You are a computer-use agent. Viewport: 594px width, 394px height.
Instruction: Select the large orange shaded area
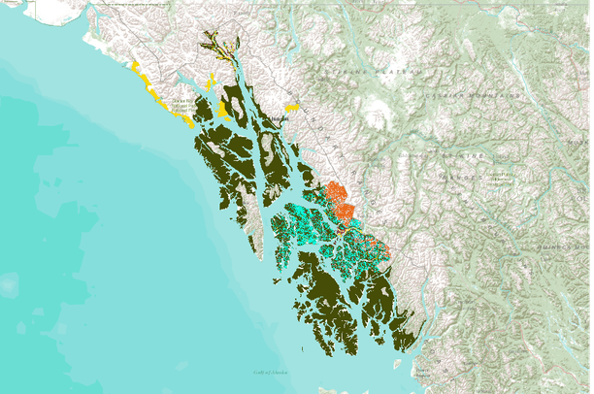click(x=339, y=200)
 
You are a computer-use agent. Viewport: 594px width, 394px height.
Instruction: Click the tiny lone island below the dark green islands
click(x=396, y=364)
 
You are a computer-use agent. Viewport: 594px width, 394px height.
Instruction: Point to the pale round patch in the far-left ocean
click(x=8, y=284)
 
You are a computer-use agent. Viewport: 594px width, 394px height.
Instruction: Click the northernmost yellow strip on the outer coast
click(x=137, y=67)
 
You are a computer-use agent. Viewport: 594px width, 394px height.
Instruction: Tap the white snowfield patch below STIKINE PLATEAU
click(x=377, y=110)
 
